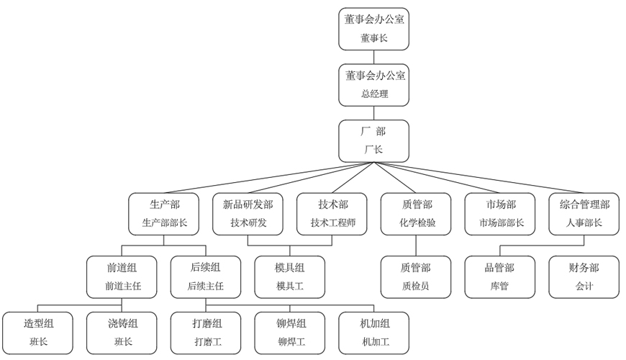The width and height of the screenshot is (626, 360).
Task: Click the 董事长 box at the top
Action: (374, 29)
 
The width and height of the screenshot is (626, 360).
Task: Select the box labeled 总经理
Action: (374, 84)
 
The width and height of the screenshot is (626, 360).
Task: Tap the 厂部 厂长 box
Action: (374, 140)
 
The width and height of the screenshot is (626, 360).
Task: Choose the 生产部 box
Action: (164, 214)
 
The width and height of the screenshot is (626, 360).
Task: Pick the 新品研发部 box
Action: (248, 214)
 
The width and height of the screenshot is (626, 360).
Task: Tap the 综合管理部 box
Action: (584, 214)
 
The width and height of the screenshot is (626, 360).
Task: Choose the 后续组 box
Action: (206, 276)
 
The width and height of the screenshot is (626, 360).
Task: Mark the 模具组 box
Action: (290, 276)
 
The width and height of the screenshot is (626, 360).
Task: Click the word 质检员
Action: (416, 286)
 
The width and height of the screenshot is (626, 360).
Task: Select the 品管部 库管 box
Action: (500, 276)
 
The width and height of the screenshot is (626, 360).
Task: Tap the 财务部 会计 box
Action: (584, 276)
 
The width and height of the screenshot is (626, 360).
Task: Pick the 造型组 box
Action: (38, 333)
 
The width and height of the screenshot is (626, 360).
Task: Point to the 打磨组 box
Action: (206, 333)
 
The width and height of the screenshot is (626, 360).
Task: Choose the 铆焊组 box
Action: (290, 333)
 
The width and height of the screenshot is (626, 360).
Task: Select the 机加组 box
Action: (374, 333)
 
